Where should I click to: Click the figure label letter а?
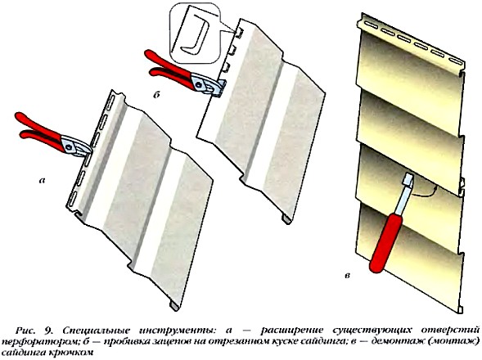[42, 181]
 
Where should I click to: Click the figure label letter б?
[156, 95]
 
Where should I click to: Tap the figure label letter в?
[347, 276]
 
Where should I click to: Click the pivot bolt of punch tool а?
[70, 146]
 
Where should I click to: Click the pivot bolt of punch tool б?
[199, 83]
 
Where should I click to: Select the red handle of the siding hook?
[386, 243]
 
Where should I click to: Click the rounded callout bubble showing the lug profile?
[196, 34]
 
